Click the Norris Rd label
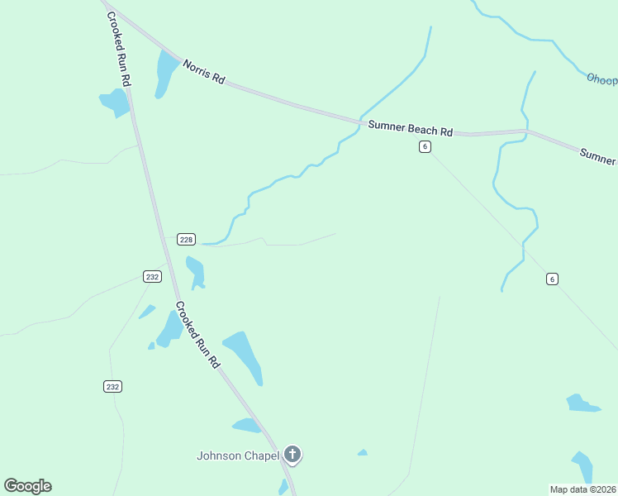click(204, 72)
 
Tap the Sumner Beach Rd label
click(411, 128)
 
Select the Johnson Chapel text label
click(238, 455)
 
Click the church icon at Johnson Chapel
click(292, 454)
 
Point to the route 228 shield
click(186, 240)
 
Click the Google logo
click(27, 486)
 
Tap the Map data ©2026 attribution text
click(583, 489)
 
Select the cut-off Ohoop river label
click(601, 79)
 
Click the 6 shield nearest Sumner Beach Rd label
click(424, 146)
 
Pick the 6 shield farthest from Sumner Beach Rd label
click(552, 279)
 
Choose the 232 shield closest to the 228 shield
click(152, 276)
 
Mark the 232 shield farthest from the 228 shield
click(113, 386)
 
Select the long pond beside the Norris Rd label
click(166, 71)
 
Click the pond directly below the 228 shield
click(196, 271)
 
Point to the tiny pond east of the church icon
click(362, 452)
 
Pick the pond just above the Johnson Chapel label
click(246, 426)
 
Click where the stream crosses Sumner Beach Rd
click(361, 122)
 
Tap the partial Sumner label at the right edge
click(598, 156)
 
